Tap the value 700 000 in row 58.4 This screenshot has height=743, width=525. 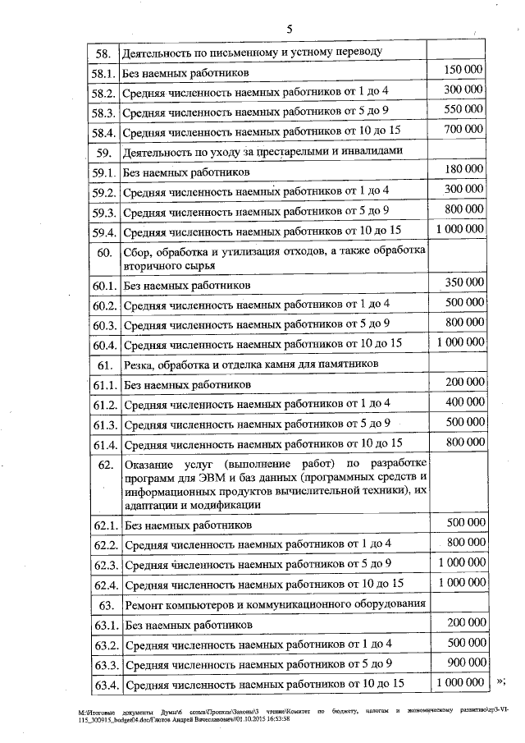click(x=463, y=129)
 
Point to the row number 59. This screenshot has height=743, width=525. click(x=103, y=153)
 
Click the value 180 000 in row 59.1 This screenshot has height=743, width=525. click(x=463, y=169)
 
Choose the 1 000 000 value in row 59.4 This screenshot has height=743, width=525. click(x=461, y=229)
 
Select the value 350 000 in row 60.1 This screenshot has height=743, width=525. click(x=463, y=282)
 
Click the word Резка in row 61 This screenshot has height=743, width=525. click(x=137, y=364)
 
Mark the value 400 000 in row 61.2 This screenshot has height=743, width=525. click(x=463, y=401)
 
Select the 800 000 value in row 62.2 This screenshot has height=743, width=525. click(x=463, y=542)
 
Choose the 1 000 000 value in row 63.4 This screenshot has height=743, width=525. click(x=461, y=682)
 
